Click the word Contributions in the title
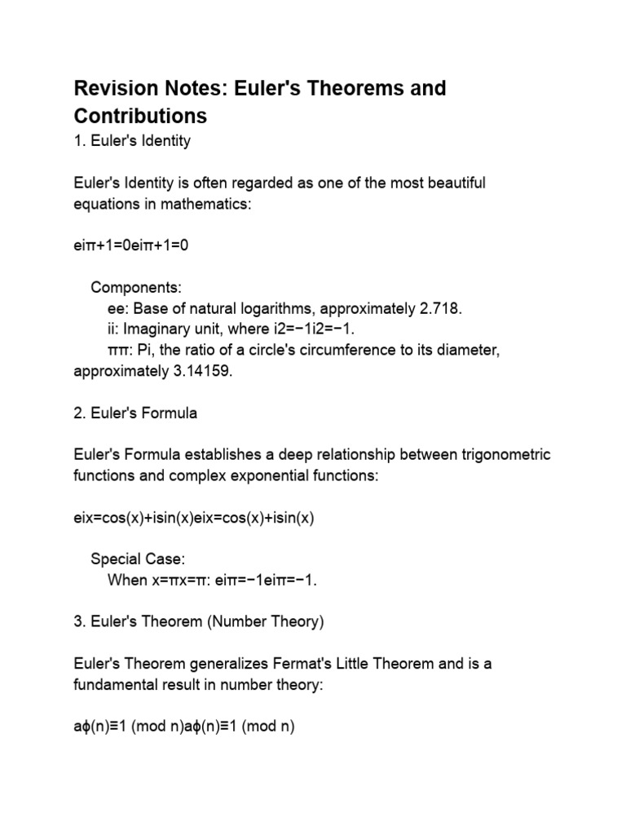coord(140,114)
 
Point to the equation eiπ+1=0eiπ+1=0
coord(131,246)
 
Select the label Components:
coord(136,288)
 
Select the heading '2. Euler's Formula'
coord(135,413)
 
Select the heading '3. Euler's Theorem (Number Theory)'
coord(199,622)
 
